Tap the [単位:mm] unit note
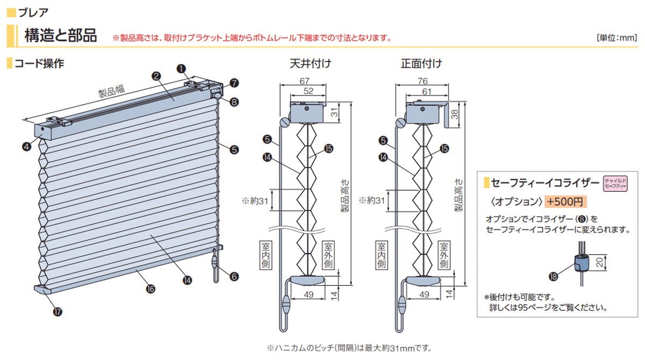617,38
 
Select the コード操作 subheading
39,63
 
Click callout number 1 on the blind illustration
181,68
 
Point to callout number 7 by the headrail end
234,83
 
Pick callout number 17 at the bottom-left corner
57,311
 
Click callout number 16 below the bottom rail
150,289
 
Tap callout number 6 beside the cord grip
234,276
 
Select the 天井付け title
310,63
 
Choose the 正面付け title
421,63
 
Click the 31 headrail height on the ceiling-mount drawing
334,112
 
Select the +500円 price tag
564,201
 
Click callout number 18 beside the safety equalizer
553,277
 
